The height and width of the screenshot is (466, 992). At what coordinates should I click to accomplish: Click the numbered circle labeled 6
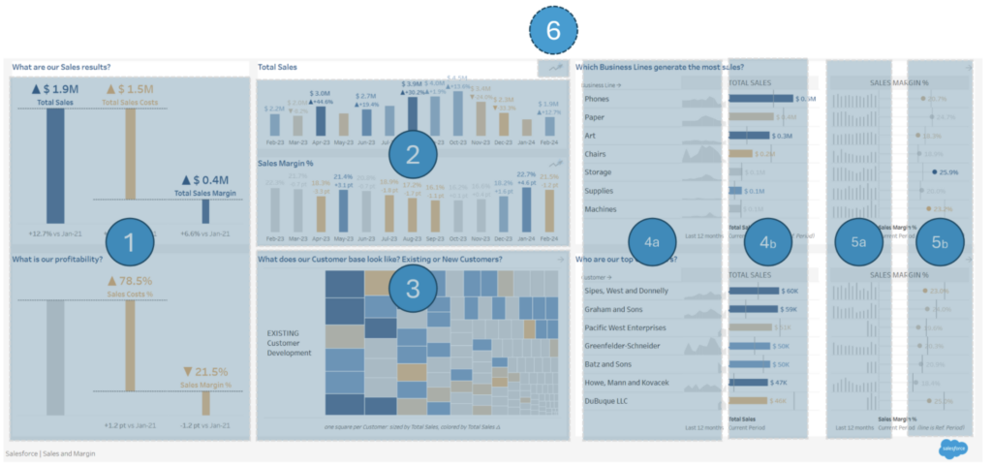pyautogui.click(x=553, y=31)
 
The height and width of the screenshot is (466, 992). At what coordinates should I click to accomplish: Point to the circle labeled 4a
pyautogui.click(x=652, y=242)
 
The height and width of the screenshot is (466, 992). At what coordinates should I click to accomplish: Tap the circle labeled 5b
pyautogui.click(x=940, y=242)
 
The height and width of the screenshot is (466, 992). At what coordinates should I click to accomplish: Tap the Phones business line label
pyautogui.click(x=597, y=99)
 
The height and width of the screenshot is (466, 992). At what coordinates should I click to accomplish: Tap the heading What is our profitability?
pyautogui.click(x=60, y=259)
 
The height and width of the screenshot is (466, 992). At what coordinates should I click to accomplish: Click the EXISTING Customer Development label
pyautogui.click(x=289, y=342)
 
